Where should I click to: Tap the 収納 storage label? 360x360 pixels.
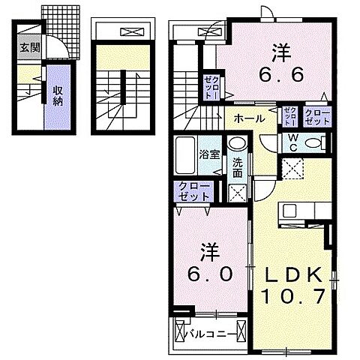pyautogui.click(x=58, y=95)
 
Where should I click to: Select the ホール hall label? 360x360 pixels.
pyautogui.click(x=247, y=118)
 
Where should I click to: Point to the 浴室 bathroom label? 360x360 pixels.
pyautogui.click(x=209, y=155)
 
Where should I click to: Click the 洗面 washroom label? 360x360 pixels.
pyautogui.click(x=237, y=166)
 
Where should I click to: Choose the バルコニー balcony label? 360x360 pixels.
pyautogui.click(x=216, y=332)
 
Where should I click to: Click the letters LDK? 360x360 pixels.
pyautogui.click(x=294, y=274)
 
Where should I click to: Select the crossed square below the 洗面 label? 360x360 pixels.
pyautogui.click(x=237, y=192)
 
